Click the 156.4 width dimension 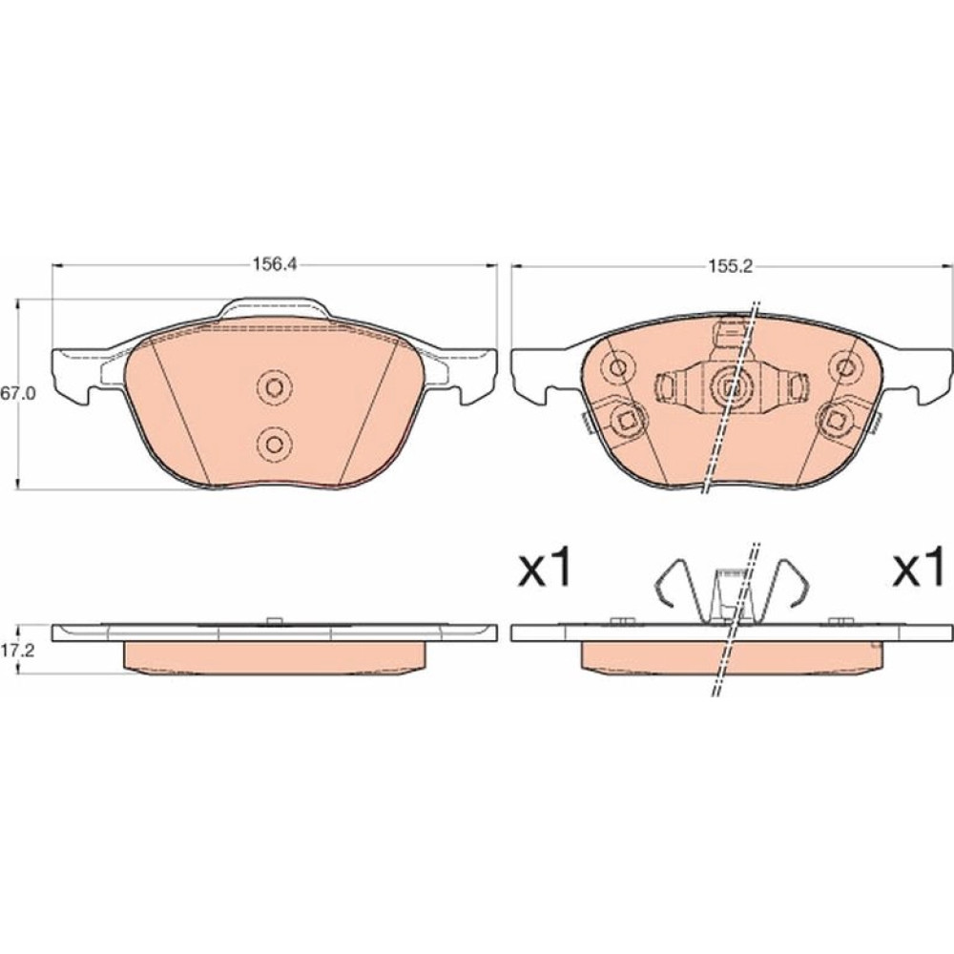pos(274,265)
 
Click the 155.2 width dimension pos(730,266)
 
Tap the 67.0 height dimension pos(17,394)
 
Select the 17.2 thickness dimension pos(17,649)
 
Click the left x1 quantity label pos(544,566)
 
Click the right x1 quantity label pos(919,566)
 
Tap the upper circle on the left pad pos(274,387)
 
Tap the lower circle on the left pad pos(274,443)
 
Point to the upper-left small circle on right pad pos(618,367)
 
